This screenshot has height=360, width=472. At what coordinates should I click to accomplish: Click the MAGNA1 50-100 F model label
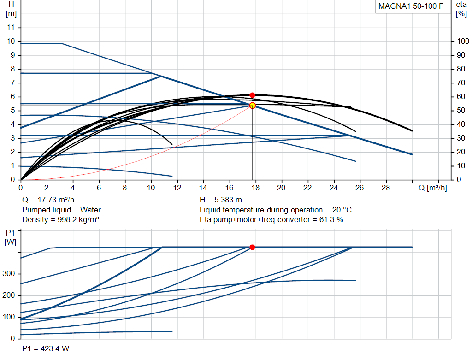pyautogui.click(x=411, y=6)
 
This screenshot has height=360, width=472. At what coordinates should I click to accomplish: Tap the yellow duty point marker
pyautogui.click(x=253, y=106)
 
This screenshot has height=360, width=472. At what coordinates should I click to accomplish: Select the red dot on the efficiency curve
pyautogui.click(x=253, y=95)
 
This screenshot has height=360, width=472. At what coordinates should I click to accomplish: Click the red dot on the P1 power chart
pyautogui.click(x=253, y=247)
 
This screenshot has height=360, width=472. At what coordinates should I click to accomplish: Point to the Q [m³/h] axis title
pyautogui.click(x=432, y=188)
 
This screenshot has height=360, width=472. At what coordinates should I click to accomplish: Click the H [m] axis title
pyautogui.click(x=12, y=9)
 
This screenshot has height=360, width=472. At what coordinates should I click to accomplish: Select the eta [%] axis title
pyautogui.click(x=461, y=9)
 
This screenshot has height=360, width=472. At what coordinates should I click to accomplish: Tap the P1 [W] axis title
pyautogui.click(x=10, y=237)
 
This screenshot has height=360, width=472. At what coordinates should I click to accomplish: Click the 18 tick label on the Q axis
pyautogui.click(x=255, y=188)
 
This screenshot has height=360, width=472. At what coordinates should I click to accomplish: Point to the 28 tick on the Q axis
pyautogui.click(x=386, y=188)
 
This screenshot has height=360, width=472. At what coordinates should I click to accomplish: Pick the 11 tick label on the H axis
pyautogui.click(x=11, y=27)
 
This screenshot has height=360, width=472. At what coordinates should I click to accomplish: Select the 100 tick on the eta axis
pyautogui.click(x=463, y=41)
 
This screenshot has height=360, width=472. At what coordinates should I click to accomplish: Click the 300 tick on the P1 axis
pyautogui.click(x=8, y=274)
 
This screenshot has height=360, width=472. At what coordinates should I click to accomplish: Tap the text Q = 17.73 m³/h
pyautogui.click(x=48, y=200)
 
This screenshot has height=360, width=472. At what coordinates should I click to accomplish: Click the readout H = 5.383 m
pyautogui.click(x=221, y=200)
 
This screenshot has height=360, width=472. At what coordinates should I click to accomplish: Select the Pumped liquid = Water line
pyautogui.click(x=61, y=210)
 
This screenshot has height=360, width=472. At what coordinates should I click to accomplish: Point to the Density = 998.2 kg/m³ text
pyautogui.click(x=60, y=220)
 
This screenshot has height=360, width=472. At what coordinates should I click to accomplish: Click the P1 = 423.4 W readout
pyautogui.click(x=46, y=348)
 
